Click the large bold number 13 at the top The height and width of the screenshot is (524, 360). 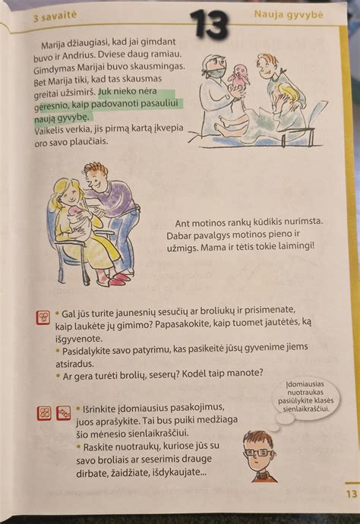210,24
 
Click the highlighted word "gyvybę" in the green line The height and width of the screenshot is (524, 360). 75,118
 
